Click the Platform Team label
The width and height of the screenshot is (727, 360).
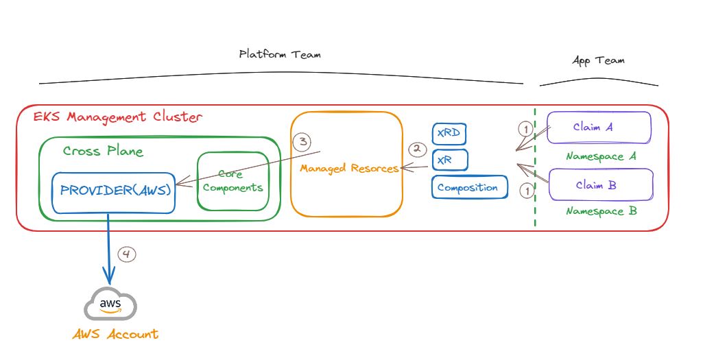click(279, 54)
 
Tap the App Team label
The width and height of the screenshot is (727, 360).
click(598, 60)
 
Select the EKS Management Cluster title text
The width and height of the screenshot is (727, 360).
click(117, 117)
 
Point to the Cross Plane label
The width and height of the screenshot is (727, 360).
click(103, 151)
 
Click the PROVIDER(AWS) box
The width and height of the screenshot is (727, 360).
click(115, 191)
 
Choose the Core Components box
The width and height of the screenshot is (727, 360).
click(233, 181)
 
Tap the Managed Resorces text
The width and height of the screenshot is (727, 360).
click(350, 168)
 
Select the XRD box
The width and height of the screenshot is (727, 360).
click(449, 133)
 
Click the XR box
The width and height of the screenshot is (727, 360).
click(449, 160)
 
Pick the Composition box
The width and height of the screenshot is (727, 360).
click(469, 187)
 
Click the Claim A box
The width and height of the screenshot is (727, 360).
click(599, 128)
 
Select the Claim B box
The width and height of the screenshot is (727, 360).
click(600, 185)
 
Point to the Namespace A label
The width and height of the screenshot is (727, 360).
click(601, 156)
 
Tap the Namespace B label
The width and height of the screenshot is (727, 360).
click(601, 211)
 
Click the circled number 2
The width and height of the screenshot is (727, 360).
click(417, 149)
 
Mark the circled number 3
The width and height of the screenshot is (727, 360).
click(302, 142)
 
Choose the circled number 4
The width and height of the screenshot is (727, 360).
click(127, 254)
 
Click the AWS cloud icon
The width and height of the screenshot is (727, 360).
click(110, 302)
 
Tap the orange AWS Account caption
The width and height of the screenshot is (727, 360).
click(115, 335)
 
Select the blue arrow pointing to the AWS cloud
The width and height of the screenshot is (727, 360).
click(108, 247)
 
